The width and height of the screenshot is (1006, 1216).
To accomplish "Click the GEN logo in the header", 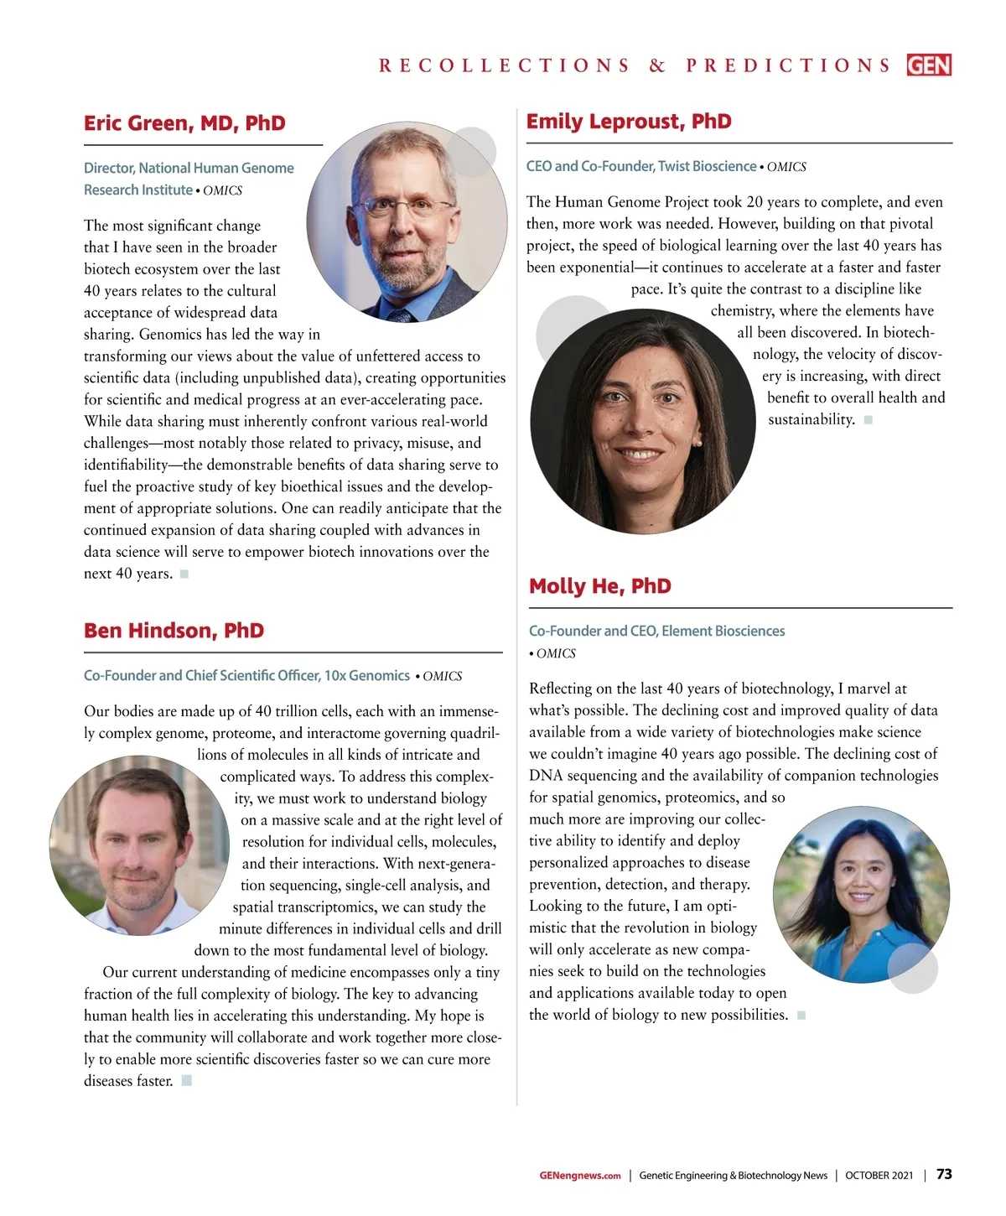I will [929, 65].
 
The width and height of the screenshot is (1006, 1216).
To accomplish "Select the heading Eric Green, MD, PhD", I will [184, 123].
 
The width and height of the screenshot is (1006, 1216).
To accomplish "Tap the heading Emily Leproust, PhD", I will [629, 122].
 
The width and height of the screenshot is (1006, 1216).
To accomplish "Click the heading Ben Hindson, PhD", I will [174, 631].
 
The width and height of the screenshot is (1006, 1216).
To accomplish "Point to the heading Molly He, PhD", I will [600, 586].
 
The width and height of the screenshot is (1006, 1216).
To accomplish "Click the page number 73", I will [944, 1174].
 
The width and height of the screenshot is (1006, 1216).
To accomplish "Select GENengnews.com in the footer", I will [580, 1175].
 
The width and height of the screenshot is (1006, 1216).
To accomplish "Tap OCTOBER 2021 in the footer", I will [879, 1175].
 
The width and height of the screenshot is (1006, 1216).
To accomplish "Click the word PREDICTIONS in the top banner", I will [788, 65].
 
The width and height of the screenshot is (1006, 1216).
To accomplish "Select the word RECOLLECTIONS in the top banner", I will [504, 65].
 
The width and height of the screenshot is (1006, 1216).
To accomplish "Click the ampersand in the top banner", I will [657, 65].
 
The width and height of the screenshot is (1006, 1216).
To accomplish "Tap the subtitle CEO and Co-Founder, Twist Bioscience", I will [640, 166].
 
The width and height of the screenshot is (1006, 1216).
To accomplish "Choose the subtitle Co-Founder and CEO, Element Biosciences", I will [656, 631].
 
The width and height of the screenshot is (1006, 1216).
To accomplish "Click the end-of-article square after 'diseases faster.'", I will [187, 1080].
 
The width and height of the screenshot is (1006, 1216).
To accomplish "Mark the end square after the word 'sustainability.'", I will [869, 419].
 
